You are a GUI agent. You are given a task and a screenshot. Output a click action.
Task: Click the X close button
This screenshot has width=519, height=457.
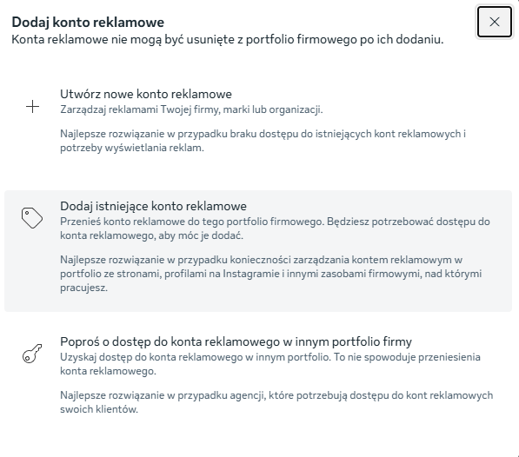tap(494, 22)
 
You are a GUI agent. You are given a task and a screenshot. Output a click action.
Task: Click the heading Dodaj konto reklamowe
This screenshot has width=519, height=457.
tap(88, 22)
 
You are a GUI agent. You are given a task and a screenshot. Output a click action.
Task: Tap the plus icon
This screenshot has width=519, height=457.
tap(33, 108)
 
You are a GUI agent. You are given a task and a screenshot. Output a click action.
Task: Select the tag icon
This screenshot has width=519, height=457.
tap(32, 218)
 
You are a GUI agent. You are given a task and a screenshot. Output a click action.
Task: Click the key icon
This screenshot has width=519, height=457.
tap(32, 354)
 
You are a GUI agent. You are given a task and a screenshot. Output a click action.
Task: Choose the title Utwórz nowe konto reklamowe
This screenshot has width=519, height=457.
tap(146, 94)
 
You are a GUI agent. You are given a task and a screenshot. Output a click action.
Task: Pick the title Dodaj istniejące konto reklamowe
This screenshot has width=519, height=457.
tap(154, 206)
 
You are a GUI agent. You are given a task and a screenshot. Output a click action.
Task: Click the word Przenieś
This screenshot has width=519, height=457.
tap(81, 222)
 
